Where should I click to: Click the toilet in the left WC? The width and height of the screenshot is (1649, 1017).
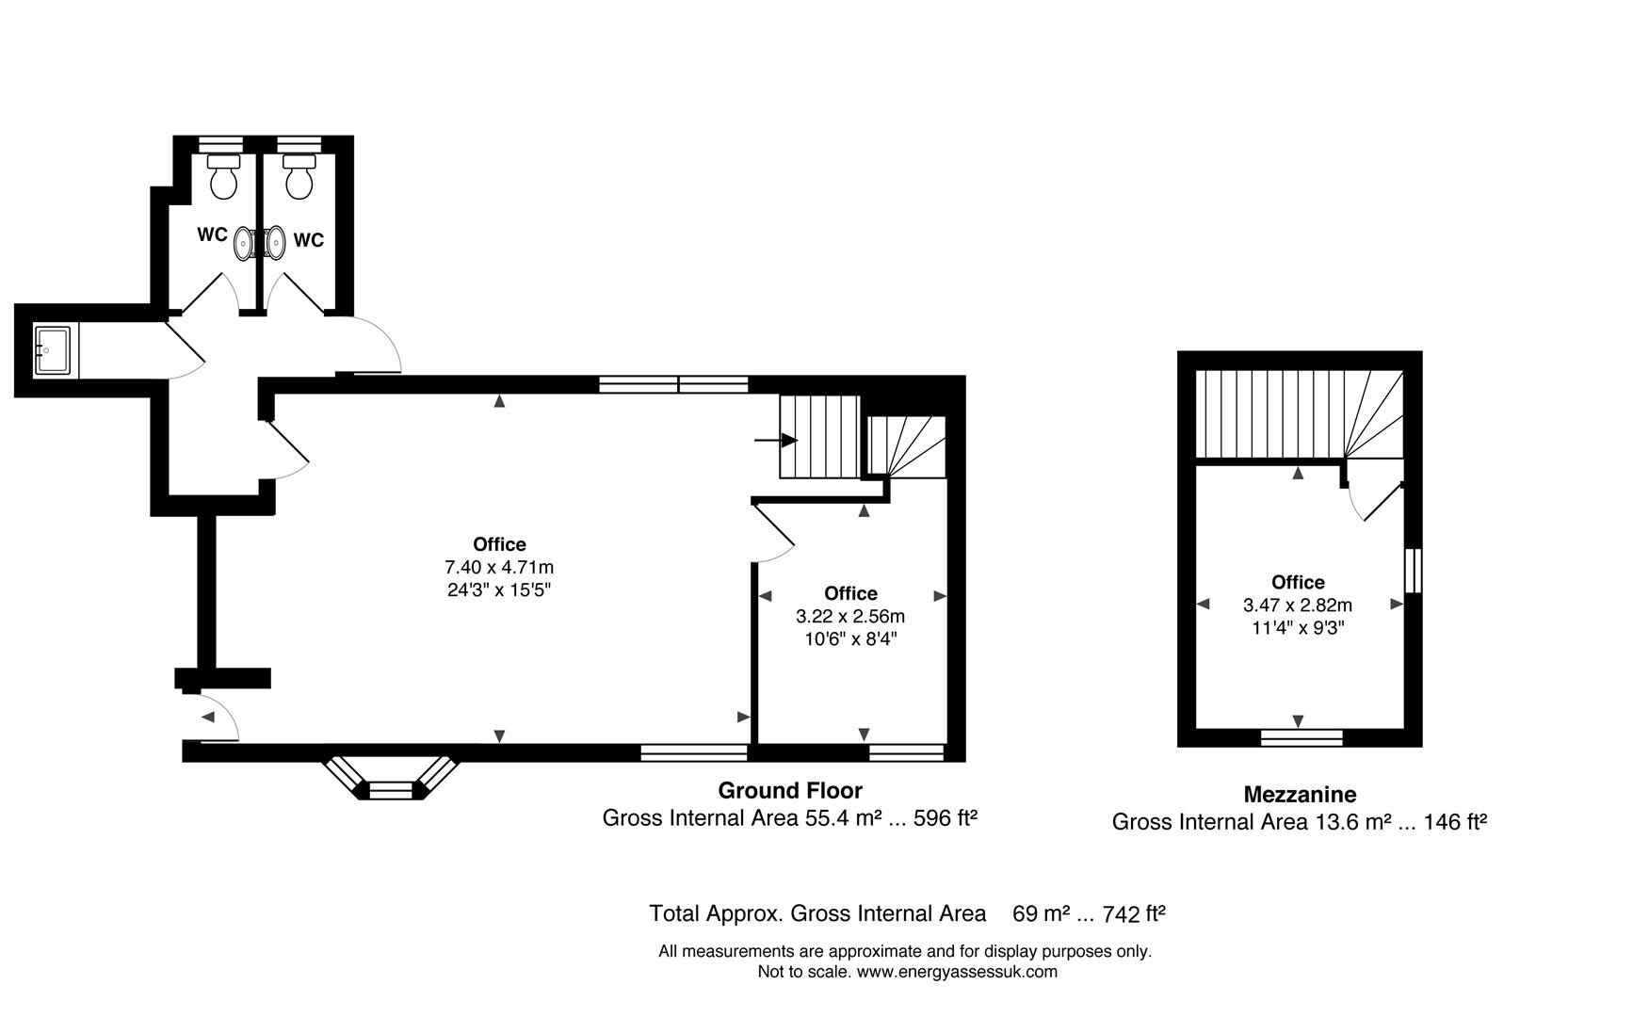[224, 176]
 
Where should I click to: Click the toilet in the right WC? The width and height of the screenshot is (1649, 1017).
[299, 176]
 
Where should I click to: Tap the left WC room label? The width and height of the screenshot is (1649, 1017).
[212, 234]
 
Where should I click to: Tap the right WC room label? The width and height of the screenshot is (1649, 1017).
[309, 240]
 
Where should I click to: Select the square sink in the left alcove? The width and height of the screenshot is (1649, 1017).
[51, 350]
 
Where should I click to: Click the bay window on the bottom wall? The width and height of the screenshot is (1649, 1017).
[390, 775]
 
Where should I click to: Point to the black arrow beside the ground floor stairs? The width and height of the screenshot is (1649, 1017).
[776, 440]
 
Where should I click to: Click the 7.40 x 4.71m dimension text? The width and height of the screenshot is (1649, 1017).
[499, 567]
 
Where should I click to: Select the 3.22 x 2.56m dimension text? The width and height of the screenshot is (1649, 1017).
[850, 616]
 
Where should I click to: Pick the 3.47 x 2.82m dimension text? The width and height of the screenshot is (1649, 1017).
[1298, 605]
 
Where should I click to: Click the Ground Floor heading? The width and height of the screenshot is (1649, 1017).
[790, 790]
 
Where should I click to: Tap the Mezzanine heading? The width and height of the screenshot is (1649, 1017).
[1300, 794]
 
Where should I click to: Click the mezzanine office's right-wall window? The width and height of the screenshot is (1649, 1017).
[1413, 571]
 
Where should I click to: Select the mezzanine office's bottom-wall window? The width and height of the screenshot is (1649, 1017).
[1301, 737]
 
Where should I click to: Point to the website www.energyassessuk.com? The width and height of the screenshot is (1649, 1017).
[957, 972]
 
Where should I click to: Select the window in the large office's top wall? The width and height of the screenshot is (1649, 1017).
[674, 384]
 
